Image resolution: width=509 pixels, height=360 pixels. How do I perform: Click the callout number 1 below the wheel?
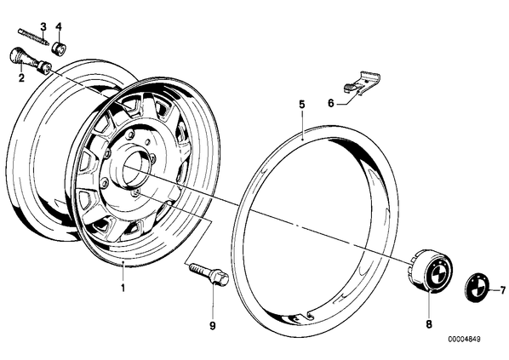click(123, 288)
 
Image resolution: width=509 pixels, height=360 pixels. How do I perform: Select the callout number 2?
click(21, 78)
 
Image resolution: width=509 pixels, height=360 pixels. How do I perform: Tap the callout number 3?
click(43, 26)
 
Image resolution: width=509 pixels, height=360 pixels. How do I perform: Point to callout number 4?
click(59, 26)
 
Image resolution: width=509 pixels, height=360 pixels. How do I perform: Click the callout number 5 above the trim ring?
click(302, 105)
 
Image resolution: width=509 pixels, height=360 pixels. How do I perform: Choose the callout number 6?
click(331, 103)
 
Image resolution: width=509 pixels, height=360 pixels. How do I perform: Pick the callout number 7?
click(502, 289)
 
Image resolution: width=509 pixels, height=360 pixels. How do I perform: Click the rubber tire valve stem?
click(30, 60)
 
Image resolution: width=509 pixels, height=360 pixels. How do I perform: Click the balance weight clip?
click(362, 83)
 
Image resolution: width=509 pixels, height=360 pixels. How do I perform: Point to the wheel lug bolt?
click(209, 274)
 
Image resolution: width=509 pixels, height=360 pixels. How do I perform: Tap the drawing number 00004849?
click(464, 340)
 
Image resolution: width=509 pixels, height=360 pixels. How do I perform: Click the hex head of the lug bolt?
click(220, 278)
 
